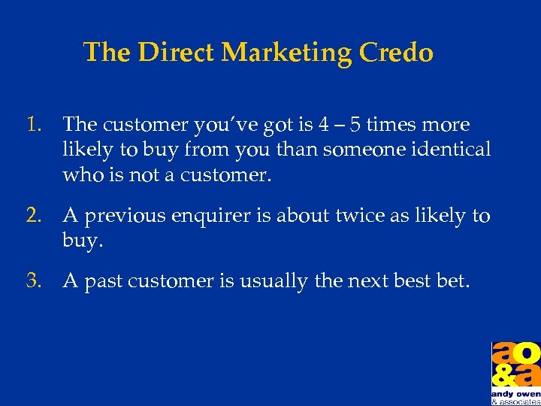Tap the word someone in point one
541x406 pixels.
click(x=358, y=149)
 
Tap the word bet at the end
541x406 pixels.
click(x=452, y=281)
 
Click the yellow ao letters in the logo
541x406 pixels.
click(x=515, y=353)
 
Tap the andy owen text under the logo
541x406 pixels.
click(x=515, y=393)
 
